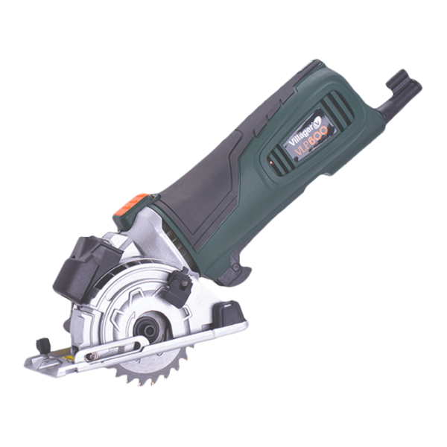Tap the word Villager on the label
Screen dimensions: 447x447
click(x=300, y=132)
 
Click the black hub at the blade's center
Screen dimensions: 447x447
click(x=148, y=330)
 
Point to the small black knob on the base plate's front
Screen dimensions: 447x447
click(x=42, y=346)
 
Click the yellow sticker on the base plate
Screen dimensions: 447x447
click(x=69, y=357)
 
